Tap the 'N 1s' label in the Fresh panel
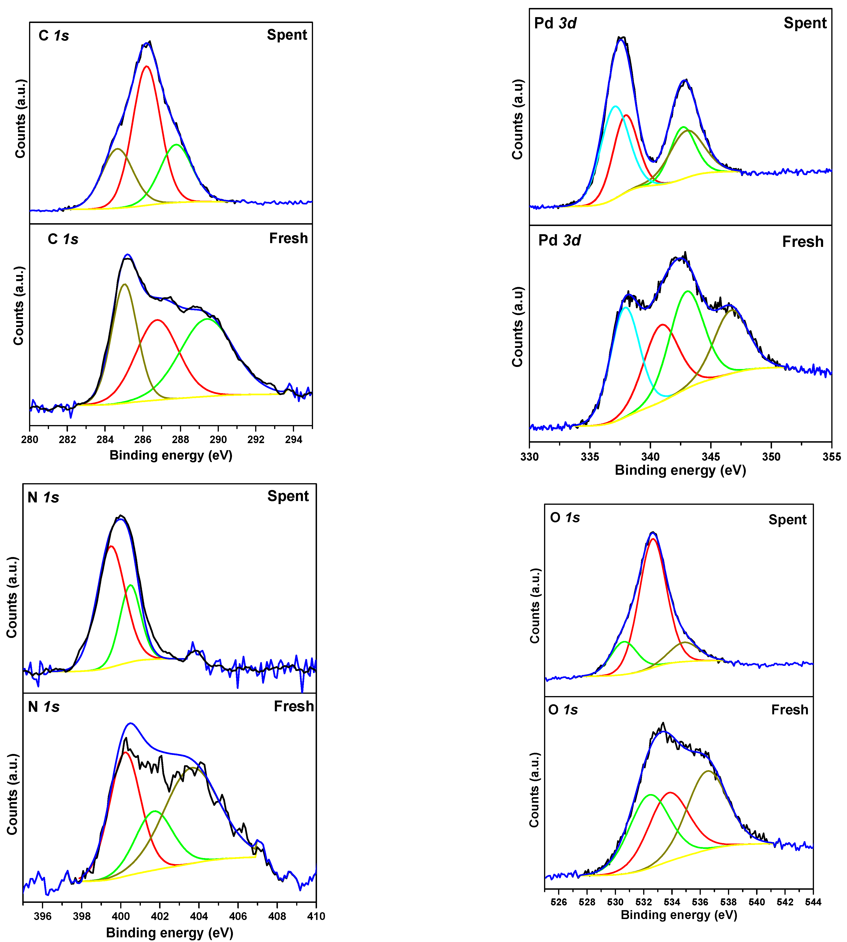(x=44, y=707)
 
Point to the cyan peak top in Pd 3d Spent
(x=615, y=107)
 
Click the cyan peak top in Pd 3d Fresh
(x=626, y=308)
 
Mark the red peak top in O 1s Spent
(x=653, y=539)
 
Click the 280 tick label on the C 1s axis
(x=30, y=440)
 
